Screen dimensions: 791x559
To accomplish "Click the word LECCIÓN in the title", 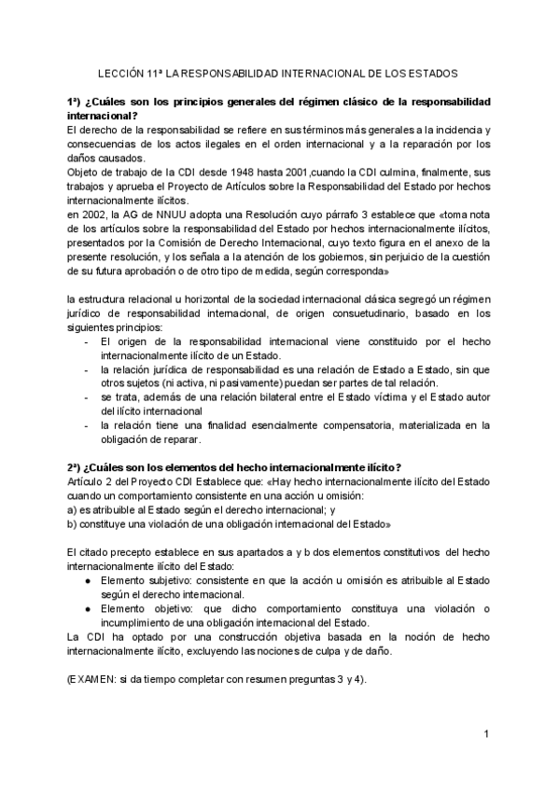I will (121, 72).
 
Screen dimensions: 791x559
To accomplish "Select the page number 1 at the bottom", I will (487, 735).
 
